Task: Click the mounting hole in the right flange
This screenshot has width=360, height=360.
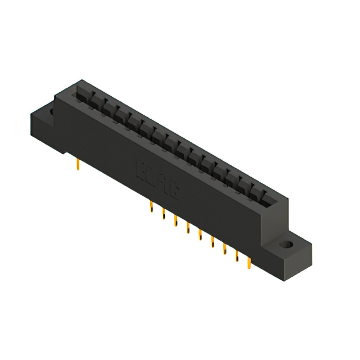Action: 288,245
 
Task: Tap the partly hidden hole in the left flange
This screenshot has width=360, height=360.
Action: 52,112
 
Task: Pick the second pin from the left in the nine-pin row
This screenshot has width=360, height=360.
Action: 163,214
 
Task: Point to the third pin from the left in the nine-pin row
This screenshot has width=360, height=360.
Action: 175,220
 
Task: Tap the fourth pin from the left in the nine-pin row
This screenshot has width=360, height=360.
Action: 188,227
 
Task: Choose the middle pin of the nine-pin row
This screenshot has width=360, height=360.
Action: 200,234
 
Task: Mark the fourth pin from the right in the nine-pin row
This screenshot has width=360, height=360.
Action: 213,241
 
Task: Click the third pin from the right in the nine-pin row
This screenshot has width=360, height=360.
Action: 225,247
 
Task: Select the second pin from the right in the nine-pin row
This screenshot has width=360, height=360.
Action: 237,254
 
